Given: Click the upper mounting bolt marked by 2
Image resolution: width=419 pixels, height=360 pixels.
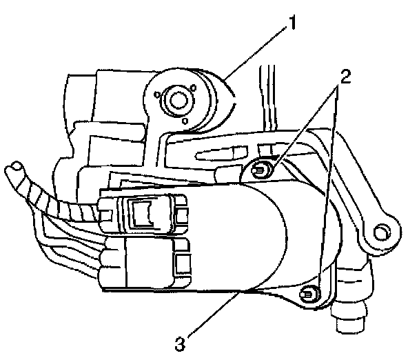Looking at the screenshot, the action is (262, 168).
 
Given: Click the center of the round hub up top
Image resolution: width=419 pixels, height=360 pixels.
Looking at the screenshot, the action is (176, 99).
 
